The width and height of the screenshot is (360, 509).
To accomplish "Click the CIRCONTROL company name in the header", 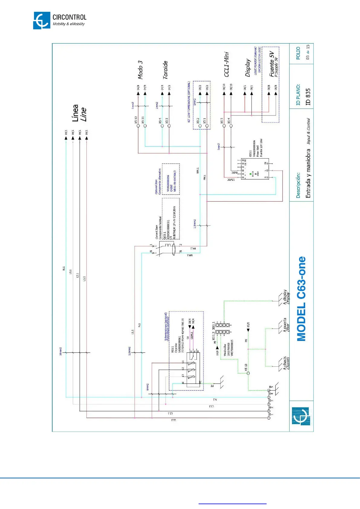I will tap(69, 17).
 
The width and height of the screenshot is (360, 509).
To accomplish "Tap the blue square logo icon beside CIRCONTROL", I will tap(42, 21).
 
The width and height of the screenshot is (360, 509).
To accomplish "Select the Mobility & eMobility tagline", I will tap(69, 24).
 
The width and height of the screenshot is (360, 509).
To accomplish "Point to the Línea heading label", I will tap(75, 113).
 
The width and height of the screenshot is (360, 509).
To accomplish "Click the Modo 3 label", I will tap(140, 70).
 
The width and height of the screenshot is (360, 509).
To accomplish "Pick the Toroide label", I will tap(165, 70).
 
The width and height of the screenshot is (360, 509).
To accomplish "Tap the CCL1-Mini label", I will tap(226, 64).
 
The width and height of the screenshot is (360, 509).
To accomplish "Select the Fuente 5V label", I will tap(272, 64).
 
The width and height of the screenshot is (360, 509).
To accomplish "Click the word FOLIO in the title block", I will tap(298, 53).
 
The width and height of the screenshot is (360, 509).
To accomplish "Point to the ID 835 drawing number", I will tap(308, 97).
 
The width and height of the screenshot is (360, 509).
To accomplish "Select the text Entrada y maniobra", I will tap(308, 175).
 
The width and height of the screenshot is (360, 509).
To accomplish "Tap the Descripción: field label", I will tap(298, 185).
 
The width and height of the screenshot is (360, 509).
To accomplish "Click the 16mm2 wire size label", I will tap(60, 351).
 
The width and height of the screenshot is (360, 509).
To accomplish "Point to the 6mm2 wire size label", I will tap(148, 387).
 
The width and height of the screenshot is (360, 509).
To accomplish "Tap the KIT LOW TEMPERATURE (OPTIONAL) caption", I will tap(189, 102).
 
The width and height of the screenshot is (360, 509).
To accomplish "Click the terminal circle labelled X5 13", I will tap(248, 373).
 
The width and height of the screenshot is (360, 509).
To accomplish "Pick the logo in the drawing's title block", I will tap(301, 416).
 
